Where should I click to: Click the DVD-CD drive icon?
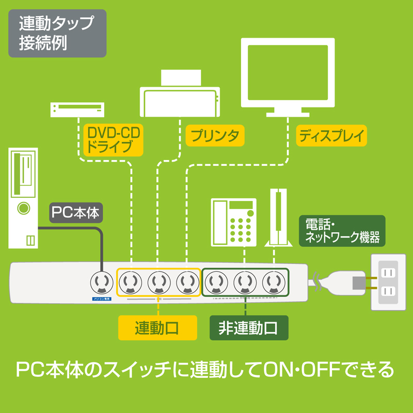[77, 109]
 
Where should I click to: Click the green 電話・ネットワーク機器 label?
[342, 231]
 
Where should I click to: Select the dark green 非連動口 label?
[248, 327]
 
